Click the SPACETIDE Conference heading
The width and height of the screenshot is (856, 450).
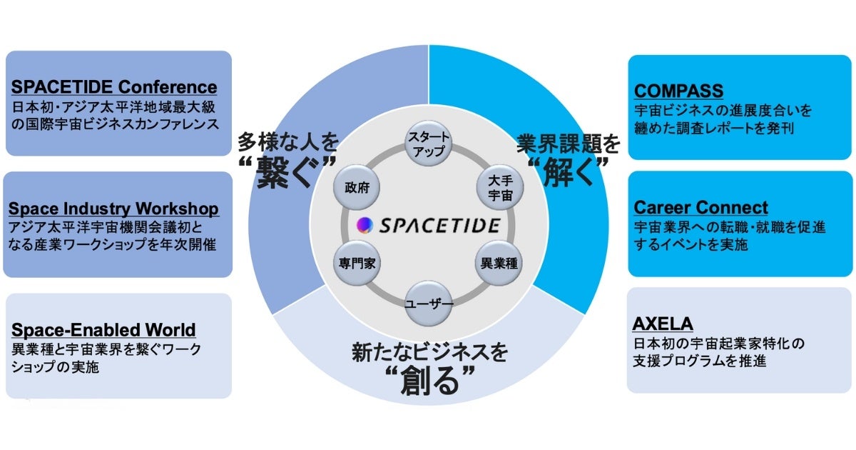tap(114, 87)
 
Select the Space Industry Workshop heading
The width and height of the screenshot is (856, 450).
tap(113, 209)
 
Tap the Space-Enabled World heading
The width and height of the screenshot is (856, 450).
tap(103, 330)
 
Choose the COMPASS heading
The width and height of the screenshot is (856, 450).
tap(678, 91)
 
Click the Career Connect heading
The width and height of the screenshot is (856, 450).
tap(700, 208)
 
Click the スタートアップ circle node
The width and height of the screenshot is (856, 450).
tap(428, 141)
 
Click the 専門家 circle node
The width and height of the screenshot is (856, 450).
tap(357, 263)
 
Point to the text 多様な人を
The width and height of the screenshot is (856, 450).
tap(288, 143)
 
